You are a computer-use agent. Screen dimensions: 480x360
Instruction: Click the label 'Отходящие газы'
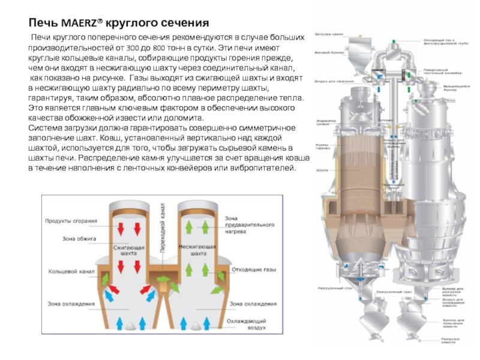254,269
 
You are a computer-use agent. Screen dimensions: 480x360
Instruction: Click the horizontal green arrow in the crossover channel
163,279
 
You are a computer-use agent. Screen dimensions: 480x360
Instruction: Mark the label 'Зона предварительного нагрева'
245,224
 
